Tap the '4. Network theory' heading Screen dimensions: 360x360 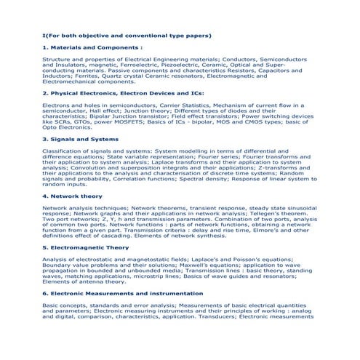coord(72,196)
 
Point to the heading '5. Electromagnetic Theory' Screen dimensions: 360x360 coord(85,247)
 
